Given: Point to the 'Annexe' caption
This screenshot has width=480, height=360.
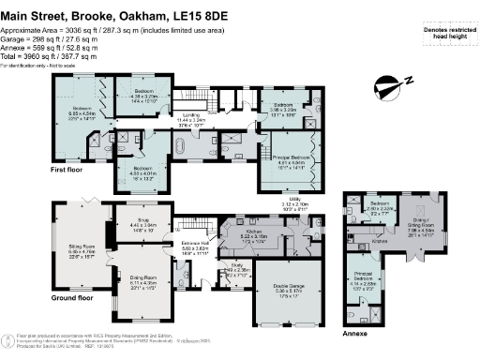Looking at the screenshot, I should click(x=354, y=332).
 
